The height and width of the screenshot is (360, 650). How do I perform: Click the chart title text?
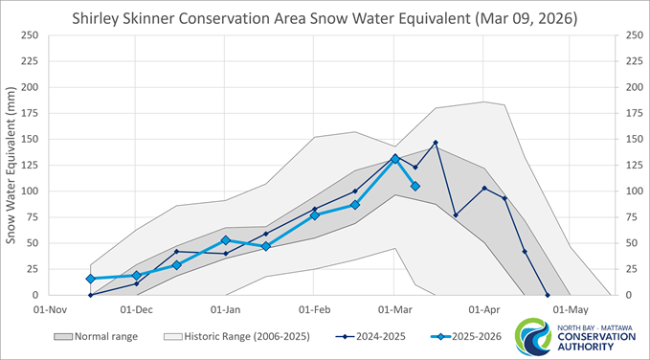(x=325, y=18)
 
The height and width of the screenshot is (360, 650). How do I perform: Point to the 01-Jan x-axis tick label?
(x=226, y=309)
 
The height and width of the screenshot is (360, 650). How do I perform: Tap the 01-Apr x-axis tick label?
(x=484, y=309)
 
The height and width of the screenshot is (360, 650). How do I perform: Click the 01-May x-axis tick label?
(x=572, y=309)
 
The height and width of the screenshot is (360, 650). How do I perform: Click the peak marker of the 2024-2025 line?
(x=436, y=143)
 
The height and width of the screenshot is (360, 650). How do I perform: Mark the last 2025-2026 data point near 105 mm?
(x=415, y=186)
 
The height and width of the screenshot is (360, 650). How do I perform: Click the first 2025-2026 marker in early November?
(x=90, y=279)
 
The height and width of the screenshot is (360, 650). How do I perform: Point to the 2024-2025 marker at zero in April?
(x=548, y=295)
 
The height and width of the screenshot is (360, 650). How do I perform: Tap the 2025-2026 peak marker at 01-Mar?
(x=394, y=159)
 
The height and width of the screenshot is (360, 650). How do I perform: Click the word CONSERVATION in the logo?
(x=599, y=336)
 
